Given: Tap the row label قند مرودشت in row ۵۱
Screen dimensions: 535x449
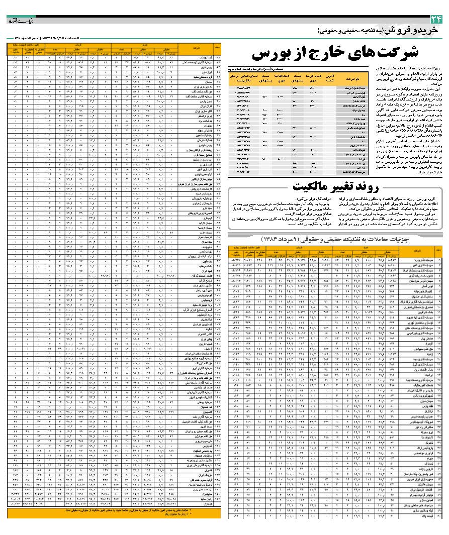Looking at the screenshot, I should click(x=198, y=58).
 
